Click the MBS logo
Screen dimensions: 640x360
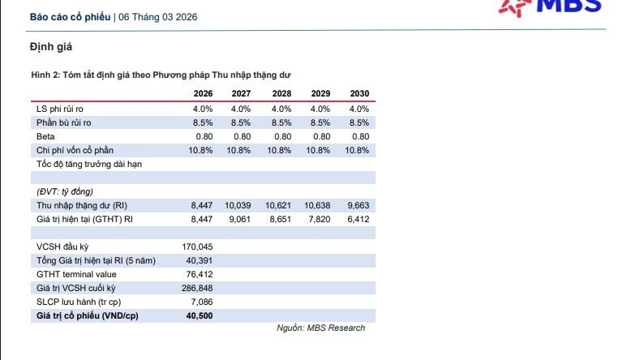coord(550,7)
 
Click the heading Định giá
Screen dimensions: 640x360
coord(51,47)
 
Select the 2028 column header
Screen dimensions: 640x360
coord(281,93)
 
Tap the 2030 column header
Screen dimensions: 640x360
coord(359,93)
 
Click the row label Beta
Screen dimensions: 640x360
coord(45,136)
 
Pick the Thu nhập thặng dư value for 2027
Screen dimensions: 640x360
coord(238,205)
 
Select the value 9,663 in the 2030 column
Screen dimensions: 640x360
coord(358,205)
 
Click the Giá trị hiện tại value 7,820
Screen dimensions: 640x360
coord(320,219)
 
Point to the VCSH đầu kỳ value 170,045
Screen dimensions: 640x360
coord(197,246)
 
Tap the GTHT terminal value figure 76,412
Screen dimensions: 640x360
coord(200,274)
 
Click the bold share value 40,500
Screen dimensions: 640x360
coord(200,315)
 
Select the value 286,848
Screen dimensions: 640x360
coord(197,288)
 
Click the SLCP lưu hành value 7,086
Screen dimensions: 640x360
coord(202,302)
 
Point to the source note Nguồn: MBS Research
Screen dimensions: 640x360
coord(321,328)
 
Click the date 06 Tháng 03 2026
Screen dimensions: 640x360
coord(158,17)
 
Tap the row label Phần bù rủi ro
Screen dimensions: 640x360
coord(63,122)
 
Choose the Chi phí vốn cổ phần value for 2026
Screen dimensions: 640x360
coord(200,150)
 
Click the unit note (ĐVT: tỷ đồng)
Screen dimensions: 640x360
coord(65,191)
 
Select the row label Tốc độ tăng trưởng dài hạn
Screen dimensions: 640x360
coord(89,164)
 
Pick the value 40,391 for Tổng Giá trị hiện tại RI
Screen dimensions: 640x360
coord(200,260)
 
